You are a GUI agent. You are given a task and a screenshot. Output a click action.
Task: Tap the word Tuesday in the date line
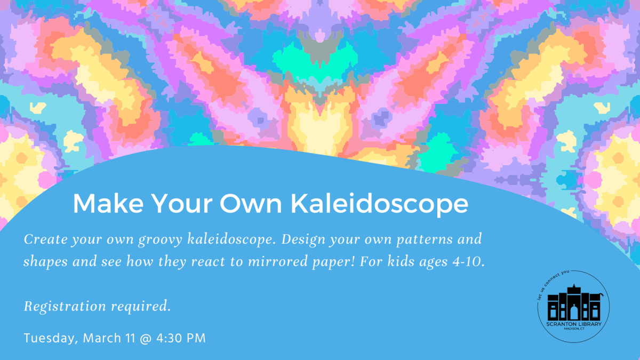51,338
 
